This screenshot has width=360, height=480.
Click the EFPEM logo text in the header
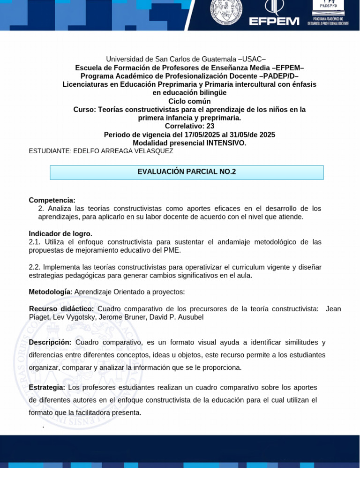[274, 21]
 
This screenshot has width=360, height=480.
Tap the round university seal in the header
[226, 11]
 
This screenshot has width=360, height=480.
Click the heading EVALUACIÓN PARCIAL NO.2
[187, 172]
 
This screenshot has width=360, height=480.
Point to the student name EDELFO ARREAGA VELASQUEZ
[123, 151]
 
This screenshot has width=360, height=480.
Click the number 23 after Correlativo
[210, 126]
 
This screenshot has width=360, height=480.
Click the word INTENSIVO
[226, 143]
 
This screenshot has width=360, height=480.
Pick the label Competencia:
[52, 200]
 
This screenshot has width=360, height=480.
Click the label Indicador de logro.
[60, 233]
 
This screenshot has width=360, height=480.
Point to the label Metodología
[50, 292]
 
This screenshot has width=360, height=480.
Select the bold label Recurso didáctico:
[61, 309]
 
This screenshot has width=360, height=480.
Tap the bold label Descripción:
[50, 343]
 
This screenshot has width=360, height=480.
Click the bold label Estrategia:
[47, 388]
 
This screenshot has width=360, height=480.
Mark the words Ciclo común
[189, 101]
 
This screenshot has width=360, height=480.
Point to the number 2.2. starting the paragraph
[35, 267]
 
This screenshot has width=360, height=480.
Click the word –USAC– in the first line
[252, 59]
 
